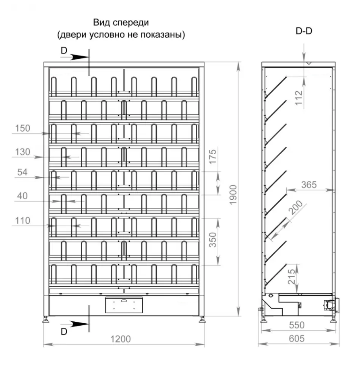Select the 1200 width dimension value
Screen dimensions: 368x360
(120, 339)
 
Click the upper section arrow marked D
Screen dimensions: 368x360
(75, 57)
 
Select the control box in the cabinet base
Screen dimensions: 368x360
(124, 305)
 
